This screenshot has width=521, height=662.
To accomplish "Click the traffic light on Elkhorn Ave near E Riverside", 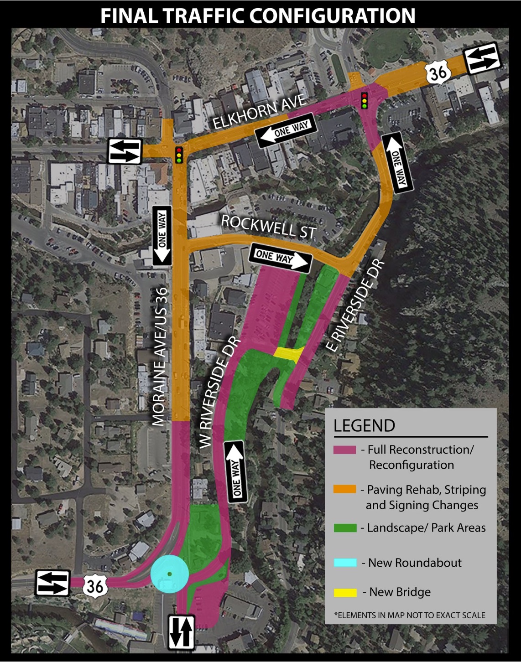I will (x=364, y=100).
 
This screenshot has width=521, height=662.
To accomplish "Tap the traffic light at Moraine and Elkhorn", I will (x=179, y=155).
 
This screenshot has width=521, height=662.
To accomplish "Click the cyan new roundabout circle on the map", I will (x=169, y=574).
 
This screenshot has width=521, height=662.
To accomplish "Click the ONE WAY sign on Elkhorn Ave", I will (x=286, y=130).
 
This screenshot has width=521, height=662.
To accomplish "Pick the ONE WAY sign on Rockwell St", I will (x=280, y=258).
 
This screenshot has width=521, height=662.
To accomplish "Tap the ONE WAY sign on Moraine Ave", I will (x=162, y=235).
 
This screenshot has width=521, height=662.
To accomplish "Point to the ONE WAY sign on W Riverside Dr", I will (x=236, y=471).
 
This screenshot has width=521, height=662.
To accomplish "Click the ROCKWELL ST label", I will (x=268, y=227).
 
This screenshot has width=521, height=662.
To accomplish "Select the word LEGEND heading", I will (x=364, y=425).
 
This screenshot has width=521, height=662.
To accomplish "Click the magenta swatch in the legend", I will (x=344, y=450).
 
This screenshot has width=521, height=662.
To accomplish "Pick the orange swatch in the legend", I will (x=344, y=489).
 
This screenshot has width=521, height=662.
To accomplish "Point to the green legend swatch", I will (x=344, y=528).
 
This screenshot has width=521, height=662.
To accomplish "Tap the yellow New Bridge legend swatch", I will (x=345, y=592).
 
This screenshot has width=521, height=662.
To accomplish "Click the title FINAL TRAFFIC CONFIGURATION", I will (x=258, y=16).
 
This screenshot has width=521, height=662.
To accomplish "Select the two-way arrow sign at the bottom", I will (x=182, y=632).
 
